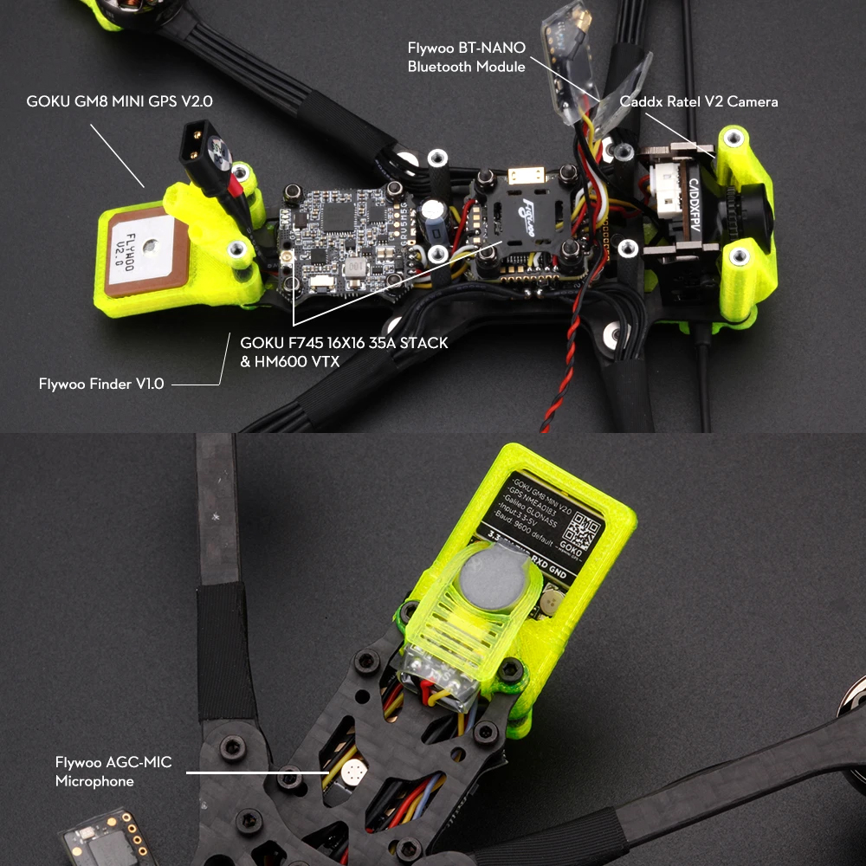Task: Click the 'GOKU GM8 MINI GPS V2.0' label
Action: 120,101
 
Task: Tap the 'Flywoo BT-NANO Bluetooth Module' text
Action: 467,58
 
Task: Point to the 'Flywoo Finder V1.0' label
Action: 101,383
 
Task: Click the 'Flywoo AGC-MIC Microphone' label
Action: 113,772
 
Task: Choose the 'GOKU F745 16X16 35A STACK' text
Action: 344,343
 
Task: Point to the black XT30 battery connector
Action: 201,150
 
